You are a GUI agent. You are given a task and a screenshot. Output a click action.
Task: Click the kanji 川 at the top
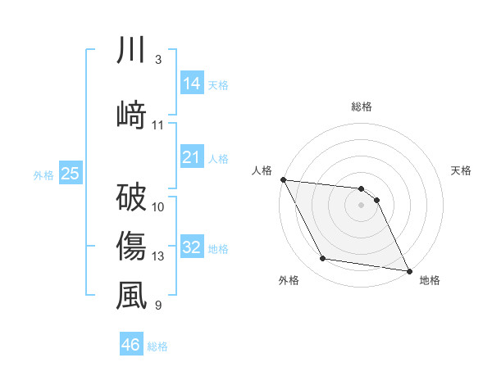click(x=131, y=51)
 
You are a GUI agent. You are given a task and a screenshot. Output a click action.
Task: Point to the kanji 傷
click(x=131, y=245)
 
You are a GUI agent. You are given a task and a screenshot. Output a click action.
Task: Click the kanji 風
click(x=131, y=296)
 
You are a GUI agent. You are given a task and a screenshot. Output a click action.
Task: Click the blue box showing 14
click(x=192, y=84)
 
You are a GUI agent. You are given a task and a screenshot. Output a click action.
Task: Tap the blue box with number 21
click(x=192, y=157)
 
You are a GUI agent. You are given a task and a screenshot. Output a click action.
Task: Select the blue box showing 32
click(x=192, y=247)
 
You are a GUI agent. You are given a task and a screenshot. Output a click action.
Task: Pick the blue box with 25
click(x=71, y=174)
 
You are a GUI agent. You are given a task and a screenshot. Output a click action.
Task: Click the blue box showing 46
click(x=131, y=345)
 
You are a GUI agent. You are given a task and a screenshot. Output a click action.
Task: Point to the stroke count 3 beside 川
click(x=157, y=60)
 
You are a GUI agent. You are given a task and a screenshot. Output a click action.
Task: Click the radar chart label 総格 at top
click(x=362, y=106)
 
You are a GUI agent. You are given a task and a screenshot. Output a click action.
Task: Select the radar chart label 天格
click(x=461, y=170)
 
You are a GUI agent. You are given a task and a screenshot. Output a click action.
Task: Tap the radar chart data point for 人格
click(x=283, y=179)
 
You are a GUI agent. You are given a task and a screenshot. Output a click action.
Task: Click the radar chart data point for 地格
click(x=409, y=270)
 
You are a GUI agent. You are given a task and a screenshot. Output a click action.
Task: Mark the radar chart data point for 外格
click(x=322, y=259)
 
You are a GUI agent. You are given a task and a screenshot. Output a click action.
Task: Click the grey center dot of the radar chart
click(x=361, y=205)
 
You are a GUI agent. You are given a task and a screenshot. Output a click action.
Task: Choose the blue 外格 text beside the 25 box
click(x=43, y=174)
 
